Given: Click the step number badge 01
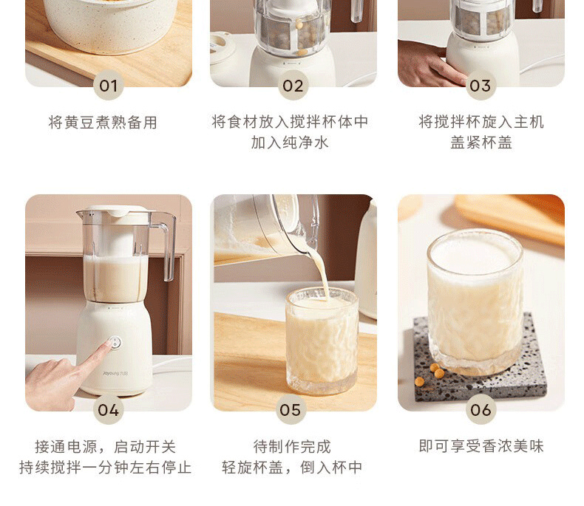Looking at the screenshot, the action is coord(108,86).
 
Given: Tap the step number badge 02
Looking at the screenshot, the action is coord(293,86).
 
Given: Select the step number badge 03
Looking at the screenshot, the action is coord(481,86).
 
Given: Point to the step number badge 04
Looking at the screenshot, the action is coord(109,410).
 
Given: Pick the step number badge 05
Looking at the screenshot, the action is coord(291,410).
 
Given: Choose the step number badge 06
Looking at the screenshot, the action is coord(481,410).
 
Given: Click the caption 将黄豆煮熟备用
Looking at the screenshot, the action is coord(103,123).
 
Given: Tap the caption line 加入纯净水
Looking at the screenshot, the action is coord(290,143).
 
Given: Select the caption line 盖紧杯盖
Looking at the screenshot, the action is coord(481,143).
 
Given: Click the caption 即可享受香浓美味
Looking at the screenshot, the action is coord(481,446).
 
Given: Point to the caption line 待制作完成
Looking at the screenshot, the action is coord(292,446).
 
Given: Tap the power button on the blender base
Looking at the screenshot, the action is coord(115,342).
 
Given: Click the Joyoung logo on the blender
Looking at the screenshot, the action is coord(115,373).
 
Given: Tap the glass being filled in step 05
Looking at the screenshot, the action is coord(322,341).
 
